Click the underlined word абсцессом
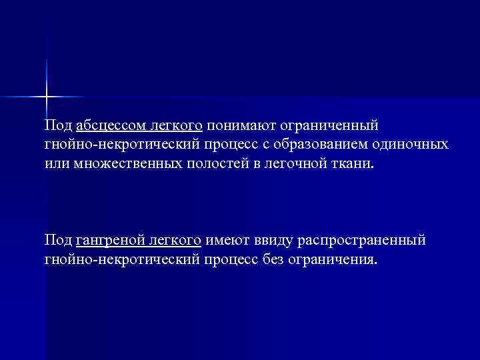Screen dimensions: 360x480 point(105,125)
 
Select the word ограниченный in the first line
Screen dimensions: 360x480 point(329,125)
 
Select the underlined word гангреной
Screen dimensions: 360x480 point(105,239)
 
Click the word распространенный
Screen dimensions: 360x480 point(364,239)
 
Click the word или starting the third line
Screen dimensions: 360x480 point(57,164)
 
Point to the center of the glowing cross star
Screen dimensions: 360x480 point(47,97)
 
